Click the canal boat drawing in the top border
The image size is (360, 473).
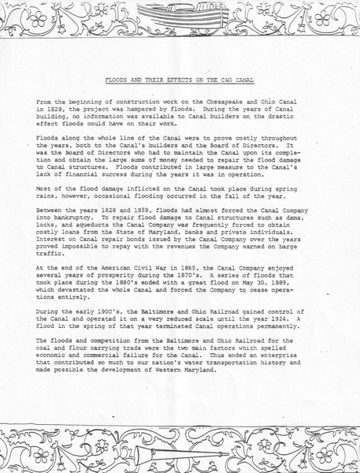[180, 14]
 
